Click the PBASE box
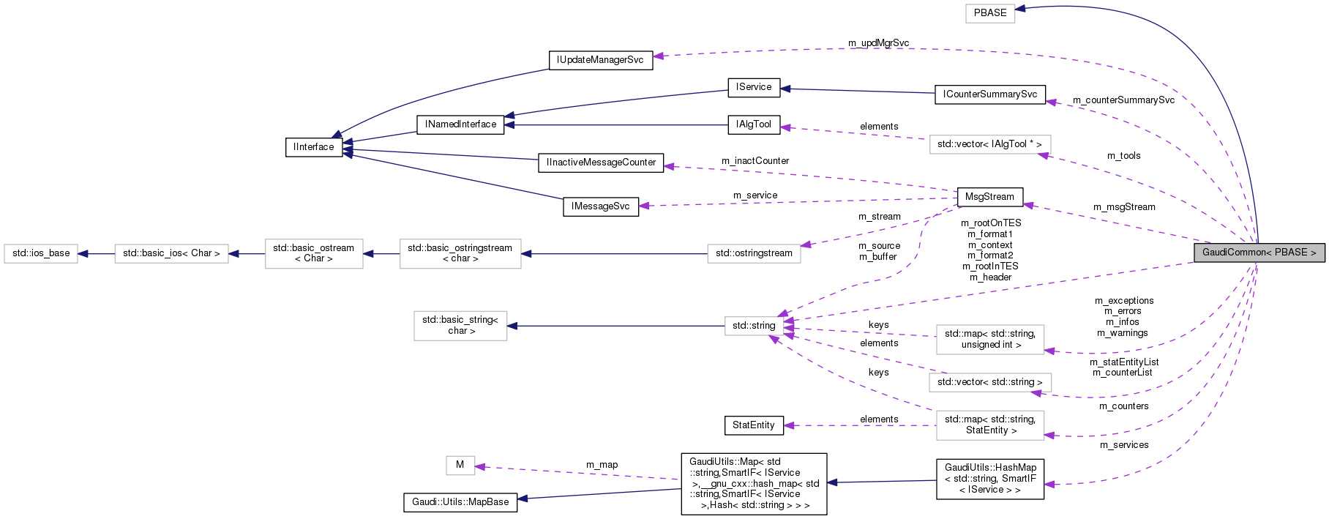click(990, 13)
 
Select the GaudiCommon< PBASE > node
click(1259, 253)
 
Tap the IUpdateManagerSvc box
click(600, 60)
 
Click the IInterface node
click(314, 147)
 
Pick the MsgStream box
click(989, 197)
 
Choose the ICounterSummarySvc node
click(989, 94)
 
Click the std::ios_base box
click(41, 253)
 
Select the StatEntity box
click(753, 425)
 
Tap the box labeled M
click(460, 465)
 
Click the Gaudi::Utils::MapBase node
click(460, 502)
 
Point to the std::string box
click(754, 326)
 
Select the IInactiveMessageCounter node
click(601, 163)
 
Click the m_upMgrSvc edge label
click(878, 43)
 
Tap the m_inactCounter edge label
click(755, 161)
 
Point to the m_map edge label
click(602, 465)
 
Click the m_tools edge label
click(1123, 156)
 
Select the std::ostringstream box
click(754, 253)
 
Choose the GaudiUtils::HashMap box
click(990, 479)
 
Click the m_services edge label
click(1123, 445)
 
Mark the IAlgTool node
click(753, 124)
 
